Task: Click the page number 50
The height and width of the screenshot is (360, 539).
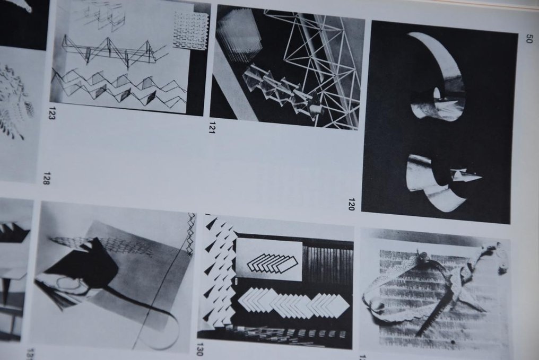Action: click(528, 38)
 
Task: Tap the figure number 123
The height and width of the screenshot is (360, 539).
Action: click(52, 114)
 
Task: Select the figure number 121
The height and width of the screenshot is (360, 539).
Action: click(212, 127)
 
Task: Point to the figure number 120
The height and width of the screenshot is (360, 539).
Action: click(351, 204)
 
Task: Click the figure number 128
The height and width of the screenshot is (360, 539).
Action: click(46, 178)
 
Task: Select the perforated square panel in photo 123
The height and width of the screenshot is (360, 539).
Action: click(190, 30)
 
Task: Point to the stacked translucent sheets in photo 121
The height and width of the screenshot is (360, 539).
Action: click(239, 34)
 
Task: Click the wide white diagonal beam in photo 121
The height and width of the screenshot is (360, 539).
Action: click(233, 85)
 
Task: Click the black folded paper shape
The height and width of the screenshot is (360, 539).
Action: click(88, 265)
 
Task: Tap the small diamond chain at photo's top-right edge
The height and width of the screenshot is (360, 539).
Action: click(191, 233)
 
